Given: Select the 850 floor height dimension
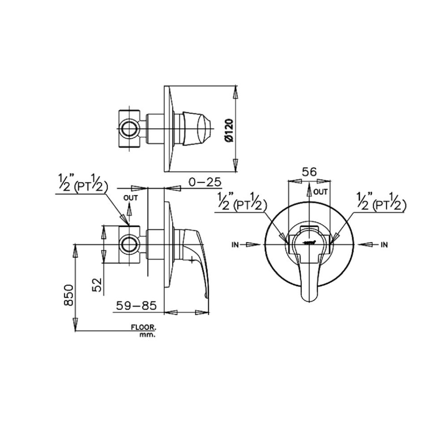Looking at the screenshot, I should pyautogui.click(x=68, y=294).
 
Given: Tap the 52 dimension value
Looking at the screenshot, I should pyautogui.click(x=97, y=284).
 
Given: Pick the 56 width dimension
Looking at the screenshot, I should pyautogui.click(x=309, y=172).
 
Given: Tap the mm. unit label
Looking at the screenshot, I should pyautogui.click(x=147, y=335).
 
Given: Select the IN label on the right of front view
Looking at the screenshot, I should pyautogui.click(x=383, y=245).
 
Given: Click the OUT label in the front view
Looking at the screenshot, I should pyautogui.click(x=321, y=192).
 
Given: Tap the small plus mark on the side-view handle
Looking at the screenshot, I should pyautogui.click(x=192, y=259).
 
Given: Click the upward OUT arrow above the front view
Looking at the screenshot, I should pyautogui.click(x=309, y=190).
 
